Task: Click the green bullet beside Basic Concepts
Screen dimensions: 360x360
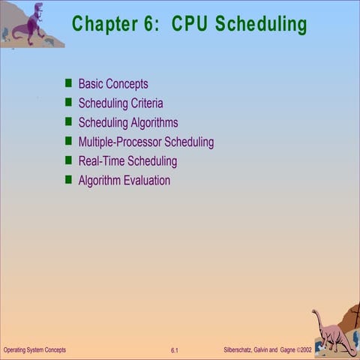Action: [x=68, y=83]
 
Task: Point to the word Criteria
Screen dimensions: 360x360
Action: [x=144, y=103]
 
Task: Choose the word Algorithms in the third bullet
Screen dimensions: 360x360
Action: [x=154, y=123]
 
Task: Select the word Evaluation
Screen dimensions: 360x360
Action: [x=147, y=181]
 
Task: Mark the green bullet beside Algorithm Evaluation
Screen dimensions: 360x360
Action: [x=68, y=180]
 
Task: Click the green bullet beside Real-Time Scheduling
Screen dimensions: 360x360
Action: [x=68, y=160]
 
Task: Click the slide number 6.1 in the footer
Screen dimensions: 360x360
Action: [x=174, y=351]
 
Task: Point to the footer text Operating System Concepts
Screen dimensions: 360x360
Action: [x=34, y=350]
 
